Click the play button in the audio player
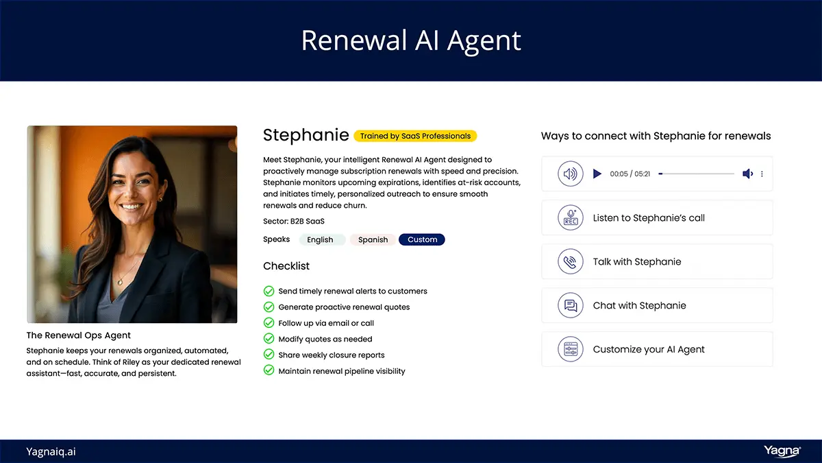click(597, 174)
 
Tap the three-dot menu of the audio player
click(762, 174)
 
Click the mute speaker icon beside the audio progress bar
click(747, 174)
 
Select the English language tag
click(320, 240)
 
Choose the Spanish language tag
click(373, 240)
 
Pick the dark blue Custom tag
click(422, 240)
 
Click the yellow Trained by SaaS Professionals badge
click(415, 136)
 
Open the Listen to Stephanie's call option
click(648, 218)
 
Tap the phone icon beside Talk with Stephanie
click(570, 262)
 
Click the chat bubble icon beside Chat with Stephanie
click(570, 306)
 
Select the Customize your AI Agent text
click(648, 350)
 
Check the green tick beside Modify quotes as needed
click(269, 339)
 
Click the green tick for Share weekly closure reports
click(269, 355)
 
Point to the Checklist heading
click(286, 266)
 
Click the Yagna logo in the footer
click(782, 451)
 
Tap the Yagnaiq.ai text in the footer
click(51, 451)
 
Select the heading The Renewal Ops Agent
click(79, 335)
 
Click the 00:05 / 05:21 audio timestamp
click(630, 174)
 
